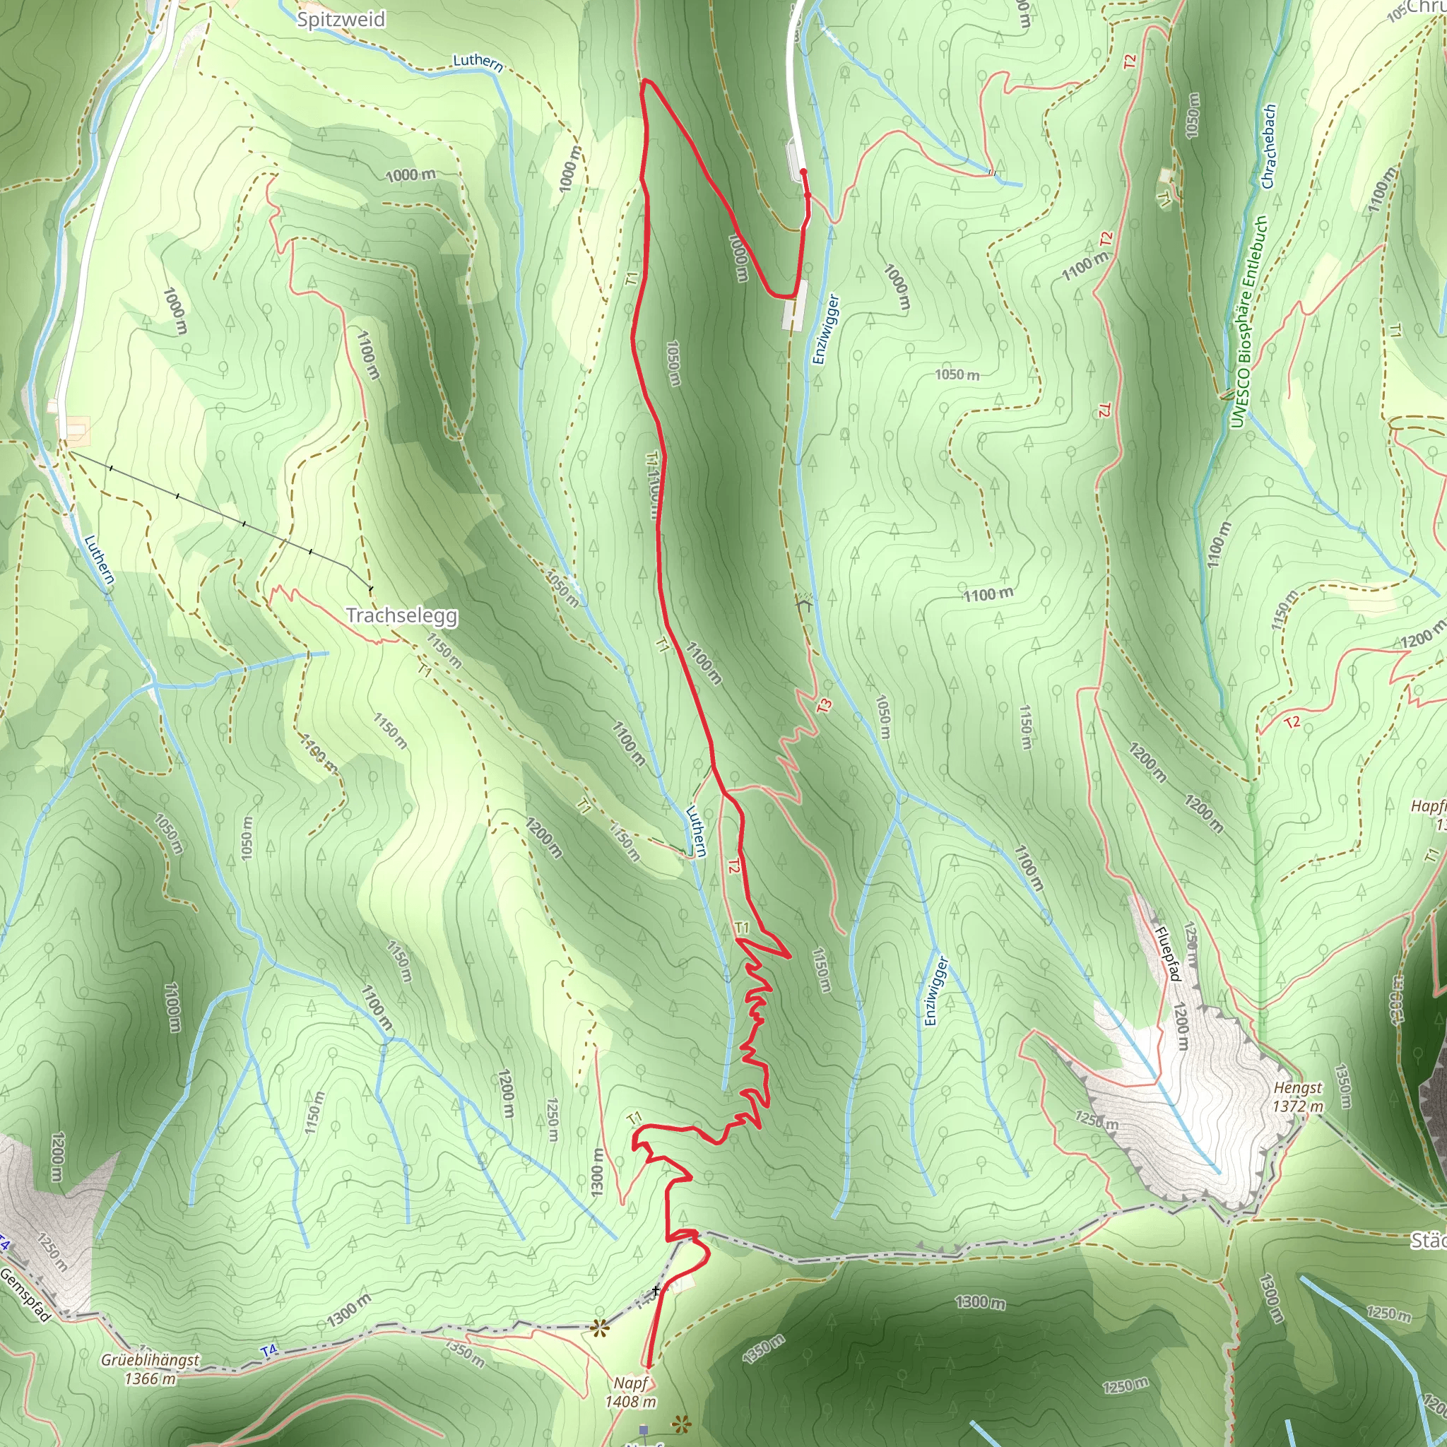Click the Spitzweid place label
point(341,20)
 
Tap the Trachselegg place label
point(401,615)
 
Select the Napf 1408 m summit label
point(631,1393)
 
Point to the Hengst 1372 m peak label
point(1298,1097)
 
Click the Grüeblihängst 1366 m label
point(150,1369)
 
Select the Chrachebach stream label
point(1269,147)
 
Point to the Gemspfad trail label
point(26,1295)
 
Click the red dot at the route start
point(803,172)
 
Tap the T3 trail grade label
point(824,706)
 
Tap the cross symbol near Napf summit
point(656,1290)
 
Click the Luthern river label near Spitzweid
point(478,61)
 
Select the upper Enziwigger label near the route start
point(826,329)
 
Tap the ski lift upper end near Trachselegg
point(370,589)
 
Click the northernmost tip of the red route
point(646,79)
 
